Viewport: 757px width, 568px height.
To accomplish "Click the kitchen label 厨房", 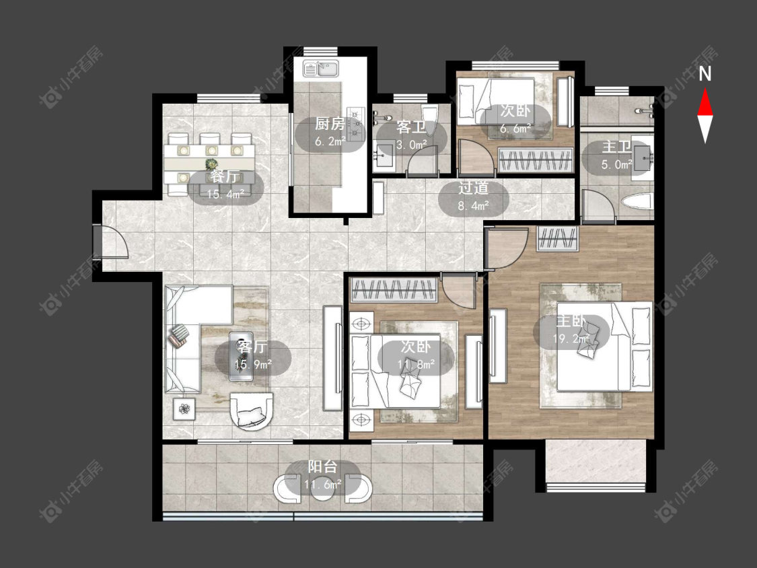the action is [330, 124].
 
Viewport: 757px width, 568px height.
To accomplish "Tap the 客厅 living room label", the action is [252, 347].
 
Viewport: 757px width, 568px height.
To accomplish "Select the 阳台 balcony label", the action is [322, 466].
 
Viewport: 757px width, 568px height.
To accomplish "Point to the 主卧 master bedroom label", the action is [571, 321].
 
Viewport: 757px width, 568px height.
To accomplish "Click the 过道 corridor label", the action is [473, 188].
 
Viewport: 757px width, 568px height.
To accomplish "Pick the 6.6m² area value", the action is [515, 129].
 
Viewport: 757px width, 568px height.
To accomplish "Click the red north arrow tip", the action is [705, 89].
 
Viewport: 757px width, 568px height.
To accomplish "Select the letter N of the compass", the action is [705, 74].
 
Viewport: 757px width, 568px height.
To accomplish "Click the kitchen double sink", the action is [321, 69].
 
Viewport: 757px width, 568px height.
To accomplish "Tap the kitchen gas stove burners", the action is [356, 123].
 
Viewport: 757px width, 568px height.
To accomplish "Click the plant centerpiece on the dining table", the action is [211, 164].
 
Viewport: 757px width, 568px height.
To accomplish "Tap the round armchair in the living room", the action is [252, 411].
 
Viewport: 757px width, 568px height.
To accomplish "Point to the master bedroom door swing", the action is [507, 248].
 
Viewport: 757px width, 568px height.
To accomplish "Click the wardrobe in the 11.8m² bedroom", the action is [394, 290].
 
